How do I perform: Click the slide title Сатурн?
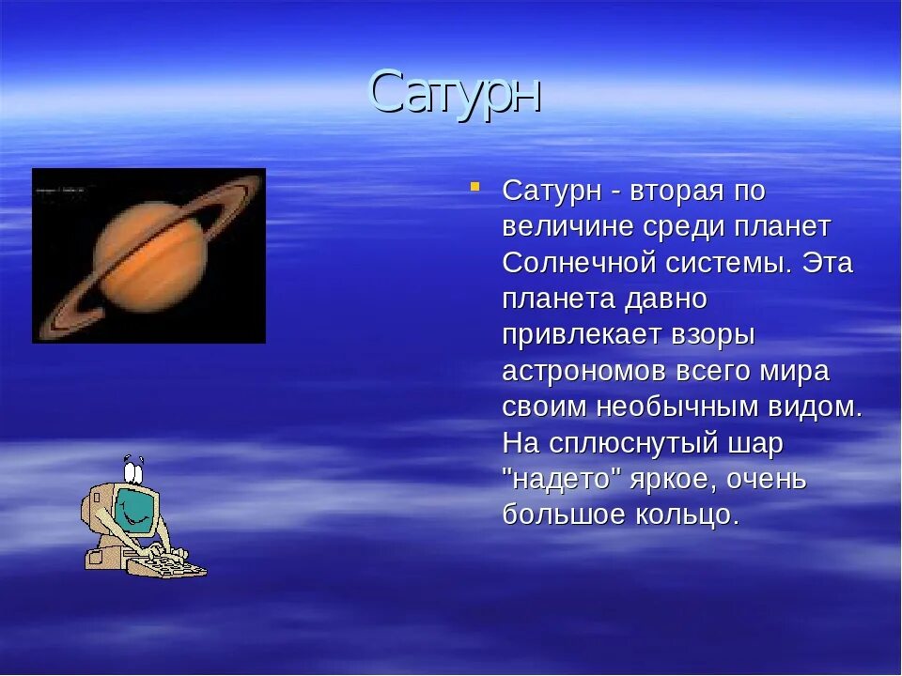(x=455, y=93)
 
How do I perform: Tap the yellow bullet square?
(x=474, y=186)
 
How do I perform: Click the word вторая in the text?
(x=676, y=192)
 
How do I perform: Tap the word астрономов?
(x=583, y=372)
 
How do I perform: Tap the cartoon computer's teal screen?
(x=136, y=510)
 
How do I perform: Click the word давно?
(x=666, y=300)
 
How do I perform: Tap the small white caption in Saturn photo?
(x=60, y=189)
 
